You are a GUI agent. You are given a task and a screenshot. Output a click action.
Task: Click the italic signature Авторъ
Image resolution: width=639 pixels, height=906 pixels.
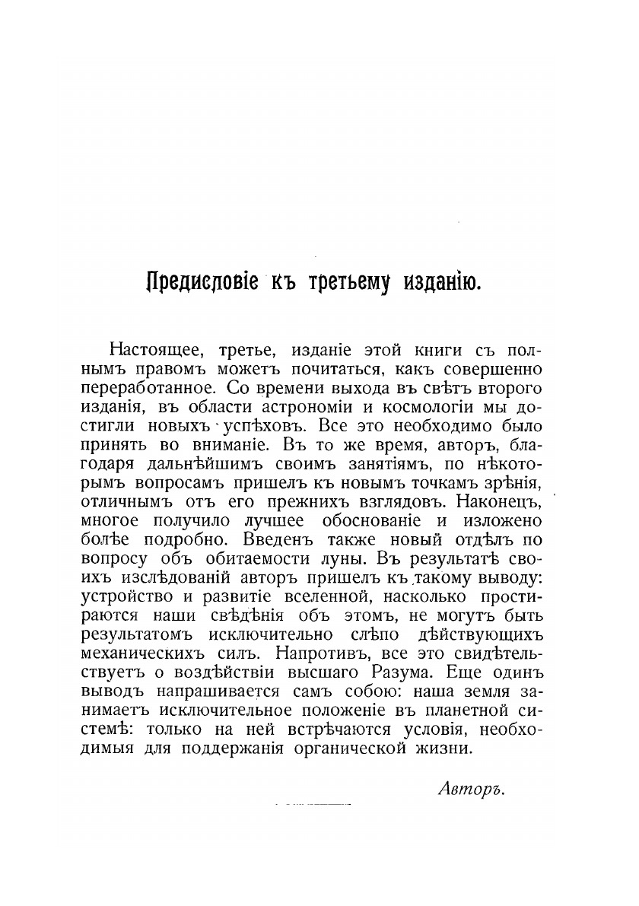coord(472,789)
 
